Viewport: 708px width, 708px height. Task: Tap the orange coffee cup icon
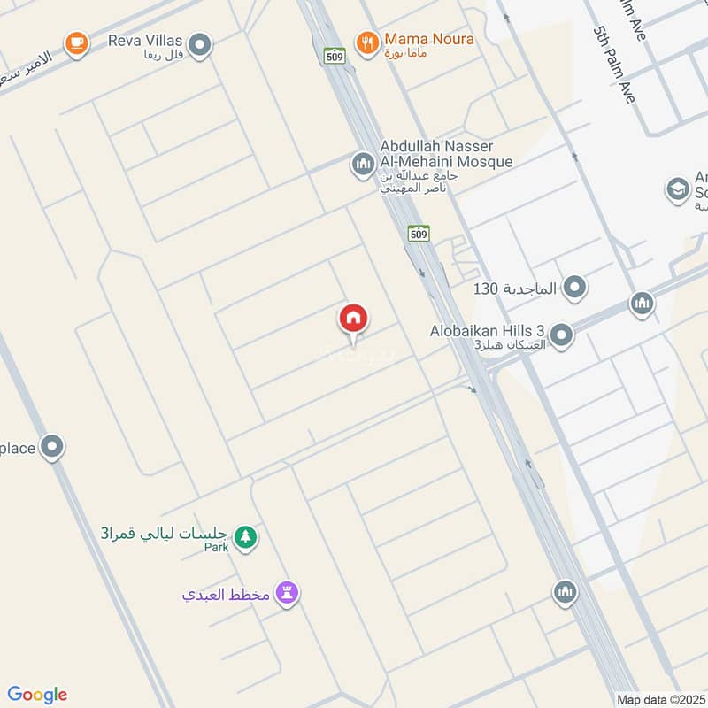[x=77, y=42]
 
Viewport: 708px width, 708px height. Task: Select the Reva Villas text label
[x=146, y=40]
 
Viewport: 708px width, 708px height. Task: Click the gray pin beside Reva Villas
[x=201, y=43]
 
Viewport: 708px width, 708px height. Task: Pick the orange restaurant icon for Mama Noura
[x=365, y=41]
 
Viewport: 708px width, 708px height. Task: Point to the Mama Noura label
[x=428, y=39]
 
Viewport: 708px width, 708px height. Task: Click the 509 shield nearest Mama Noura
[x=334, y=55]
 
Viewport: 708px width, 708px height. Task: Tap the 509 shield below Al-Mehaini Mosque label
[x=419, y=233]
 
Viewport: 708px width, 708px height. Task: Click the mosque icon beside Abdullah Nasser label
[x=361, y=164]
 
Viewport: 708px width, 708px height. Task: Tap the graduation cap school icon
[x=677, y=189]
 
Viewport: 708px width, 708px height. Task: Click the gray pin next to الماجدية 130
[x=575, y=288]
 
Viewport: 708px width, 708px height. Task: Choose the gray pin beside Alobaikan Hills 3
[x=560, y=335]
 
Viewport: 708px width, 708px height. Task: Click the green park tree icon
[x=245, y=536]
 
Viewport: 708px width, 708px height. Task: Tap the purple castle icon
[x=287, y=593]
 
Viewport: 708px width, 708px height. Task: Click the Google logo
[x=37, y=695]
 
